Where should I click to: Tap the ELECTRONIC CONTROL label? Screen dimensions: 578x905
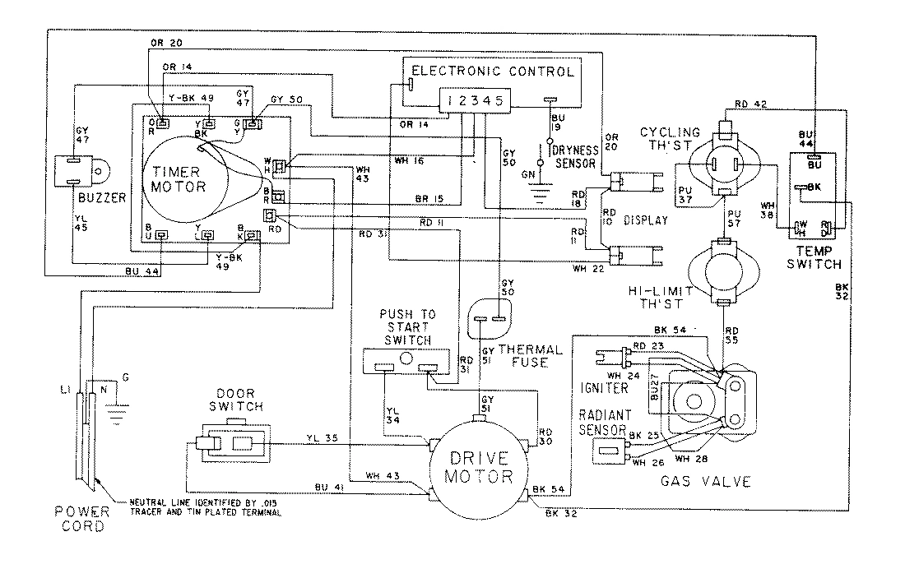(492, 72)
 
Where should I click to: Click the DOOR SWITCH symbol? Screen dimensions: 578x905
(233, 444)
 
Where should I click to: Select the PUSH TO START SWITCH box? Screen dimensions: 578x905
(406, 359)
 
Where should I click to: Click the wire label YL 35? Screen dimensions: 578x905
(322, 437)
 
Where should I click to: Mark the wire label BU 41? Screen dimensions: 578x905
(328, 488)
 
